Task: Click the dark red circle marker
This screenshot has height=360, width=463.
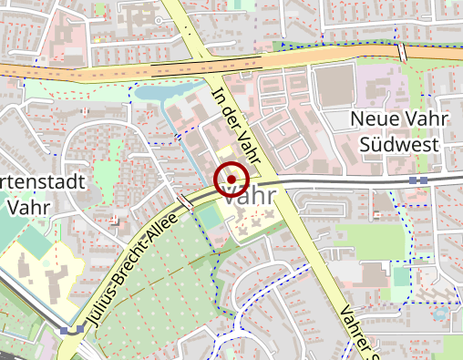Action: click(x=231, y=180)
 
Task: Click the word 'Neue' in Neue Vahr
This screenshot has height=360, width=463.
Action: click(x=373, y=120)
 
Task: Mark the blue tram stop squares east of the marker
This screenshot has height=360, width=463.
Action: click(x=418, y=180)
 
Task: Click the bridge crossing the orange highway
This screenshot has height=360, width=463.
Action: click(x=402, y=52)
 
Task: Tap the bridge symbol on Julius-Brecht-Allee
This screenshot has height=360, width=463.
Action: click(x=185, y=200)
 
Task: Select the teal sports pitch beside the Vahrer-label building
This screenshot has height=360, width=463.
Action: click(x=402, y=276)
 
